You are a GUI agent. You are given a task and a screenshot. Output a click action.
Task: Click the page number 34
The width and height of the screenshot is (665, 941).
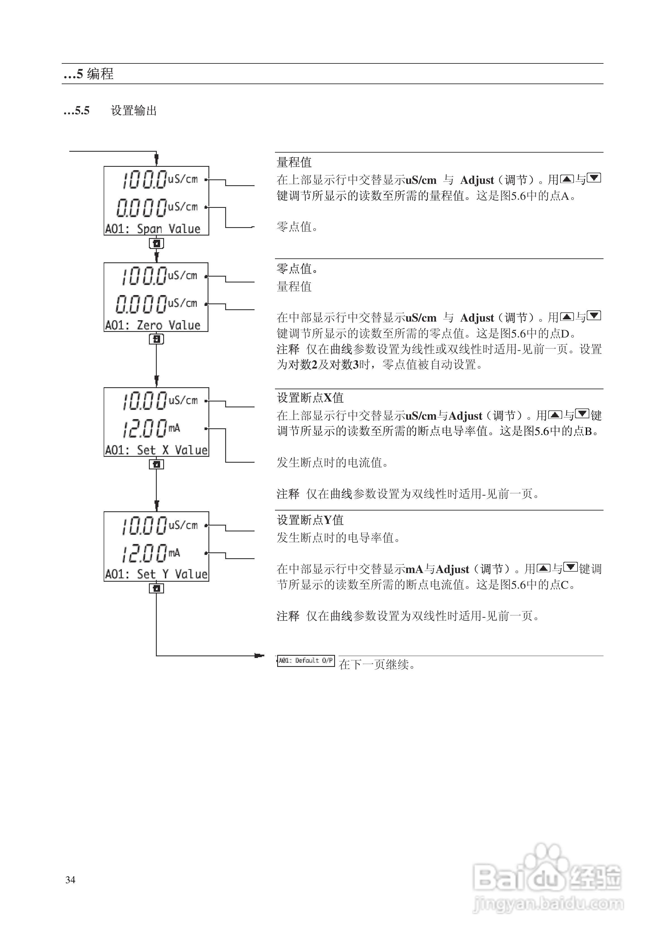tap(70, 880)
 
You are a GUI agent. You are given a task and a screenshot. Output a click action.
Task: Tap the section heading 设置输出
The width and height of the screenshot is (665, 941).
tap(134, 111)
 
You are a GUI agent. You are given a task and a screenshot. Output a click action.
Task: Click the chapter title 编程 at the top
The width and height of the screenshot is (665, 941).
tap(100, 74)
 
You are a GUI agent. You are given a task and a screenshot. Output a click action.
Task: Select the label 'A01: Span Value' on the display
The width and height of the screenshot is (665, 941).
tap(153, 229)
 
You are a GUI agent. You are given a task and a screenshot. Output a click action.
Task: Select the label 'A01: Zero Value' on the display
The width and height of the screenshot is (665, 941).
tap(153, 325)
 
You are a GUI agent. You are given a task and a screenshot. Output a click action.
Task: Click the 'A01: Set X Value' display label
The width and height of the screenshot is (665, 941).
tap(156, 450)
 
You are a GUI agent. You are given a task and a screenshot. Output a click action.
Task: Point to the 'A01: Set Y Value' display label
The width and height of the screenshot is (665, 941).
tap(156, 574)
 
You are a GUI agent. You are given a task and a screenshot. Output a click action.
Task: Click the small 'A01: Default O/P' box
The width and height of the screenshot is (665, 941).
tap(306, 661)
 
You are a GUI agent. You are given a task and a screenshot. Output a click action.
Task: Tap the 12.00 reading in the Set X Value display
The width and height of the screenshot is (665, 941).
tap(144, 429)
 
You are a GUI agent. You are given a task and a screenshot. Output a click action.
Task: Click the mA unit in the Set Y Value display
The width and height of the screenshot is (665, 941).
tap(174, 553)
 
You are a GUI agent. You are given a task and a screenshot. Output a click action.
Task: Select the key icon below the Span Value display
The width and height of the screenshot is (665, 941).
tap(156, 243)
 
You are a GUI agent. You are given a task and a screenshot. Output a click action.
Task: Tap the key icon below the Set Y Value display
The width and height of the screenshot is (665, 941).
tap(156, 588)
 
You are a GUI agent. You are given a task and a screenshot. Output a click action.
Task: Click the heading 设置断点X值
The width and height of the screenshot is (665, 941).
tap(310, 398)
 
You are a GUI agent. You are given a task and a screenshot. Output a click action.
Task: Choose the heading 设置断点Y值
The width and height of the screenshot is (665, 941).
tap(310, 520)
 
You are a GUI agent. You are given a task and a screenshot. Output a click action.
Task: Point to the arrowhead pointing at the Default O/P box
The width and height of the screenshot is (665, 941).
tap(259, 655)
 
